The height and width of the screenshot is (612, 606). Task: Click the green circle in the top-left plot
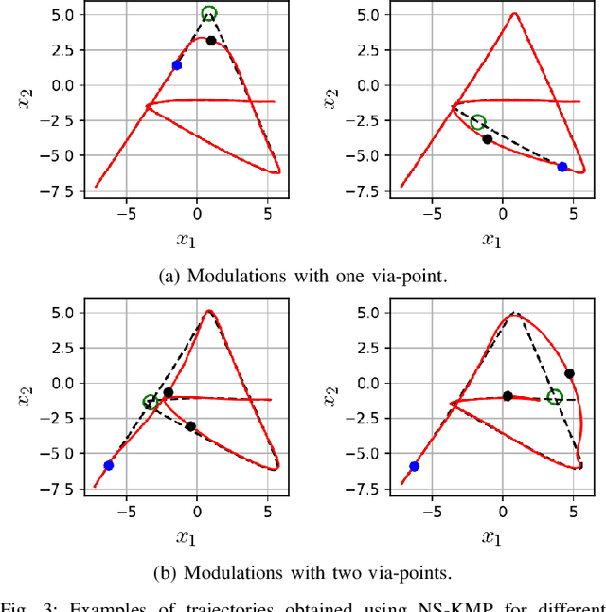pos(209,13)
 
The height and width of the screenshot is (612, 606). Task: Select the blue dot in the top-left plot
pos(176,65)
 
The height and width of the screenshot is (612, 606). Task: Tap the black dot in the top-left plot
pos(211,41)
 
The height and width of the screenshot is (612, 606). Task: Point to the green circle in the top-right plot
pos(478,122)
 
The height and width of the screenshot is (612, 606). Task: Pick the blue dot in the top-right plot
pos(562,167)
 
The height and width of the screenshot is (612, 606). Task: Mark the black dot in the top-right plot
pos(488,139)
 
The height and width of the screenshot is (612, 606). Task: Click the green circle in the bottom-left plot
pos(149,403)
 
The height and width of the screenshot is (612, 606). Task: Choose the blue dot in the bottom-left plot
pos(109,465)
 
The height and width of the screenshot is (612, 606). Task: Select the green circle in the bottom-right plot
pos(555,397)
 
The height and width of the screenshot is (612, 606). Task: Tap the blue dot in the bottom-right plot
pos(414,466)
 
